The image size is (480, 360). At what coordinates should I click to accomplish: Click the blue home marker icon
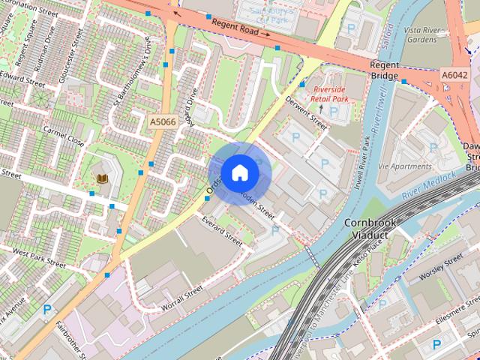click(239, 172)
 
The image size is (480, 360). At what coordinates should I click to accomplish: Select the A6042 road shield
click(454, 76)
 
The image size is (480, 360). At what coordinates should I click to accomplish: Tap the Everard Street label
click(222, 231)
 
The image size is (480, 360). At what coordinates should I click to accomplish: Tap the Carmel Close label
click(64, 134)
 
